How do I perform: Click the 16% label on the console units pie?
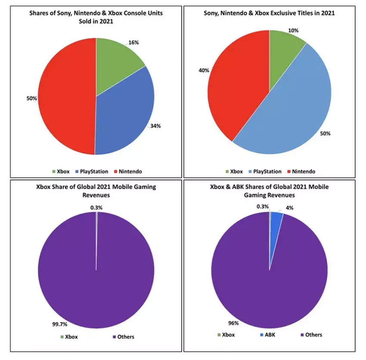click(134, 43)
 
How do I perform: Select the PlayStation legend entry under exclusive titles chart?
click(264, 171)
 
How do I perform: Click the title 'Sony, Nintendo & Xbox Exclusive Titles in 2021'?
click(269, 13)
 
